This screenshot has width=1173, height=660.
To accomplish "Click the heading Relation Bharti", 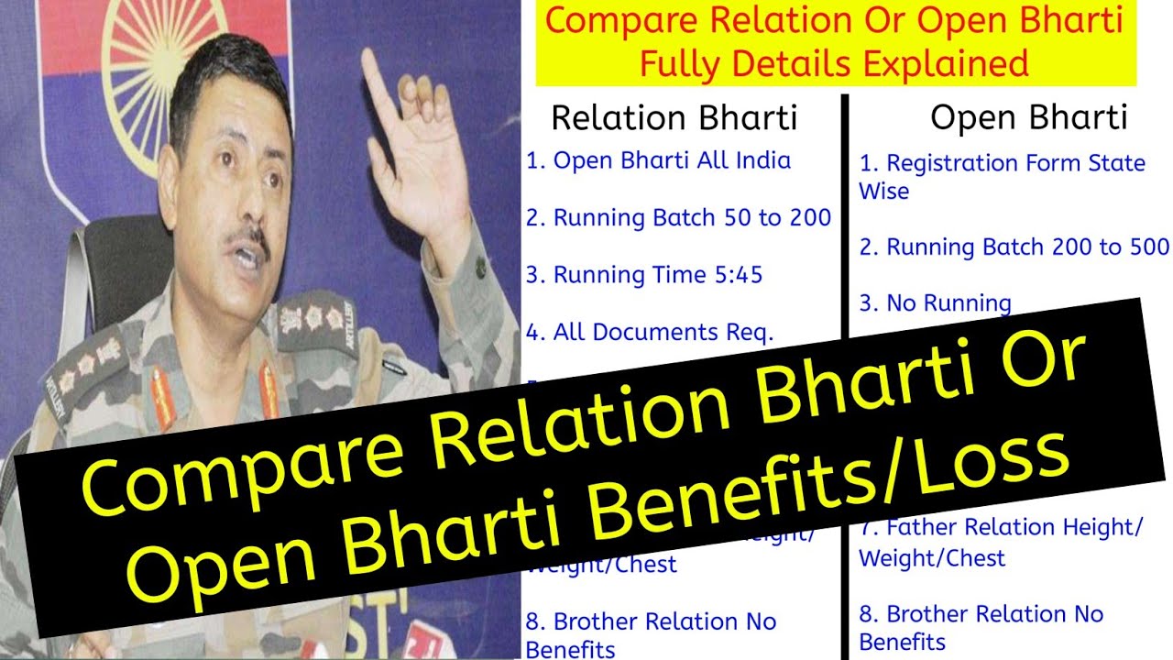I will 674,118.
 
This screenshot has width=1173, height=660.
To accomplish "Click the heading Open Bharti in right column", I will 1028,118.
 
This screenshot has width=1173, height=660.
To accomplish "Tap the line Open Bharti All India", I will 658,160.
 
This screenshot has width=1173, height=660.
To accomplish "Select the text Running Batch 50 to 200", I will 678,218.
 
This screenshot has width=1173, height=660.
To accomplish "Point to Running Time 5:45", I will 644,275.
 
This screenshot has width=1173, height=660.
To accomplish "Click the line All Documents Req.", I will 650,333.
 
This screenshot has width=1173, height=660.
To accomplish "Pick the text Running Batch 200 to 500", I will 1014,247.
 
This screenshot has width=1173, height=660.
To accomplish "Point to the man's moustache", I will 247,240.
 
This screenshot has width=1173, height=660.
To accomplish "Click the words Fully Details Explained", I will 834,64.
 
